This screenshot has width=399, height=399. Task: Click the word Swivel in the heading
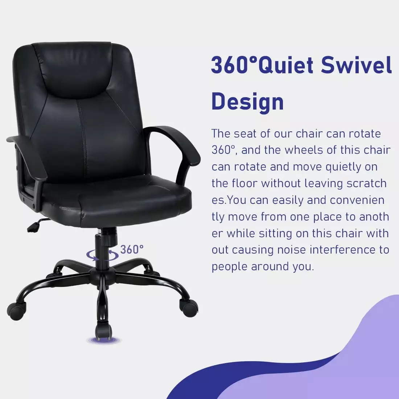(356, 65)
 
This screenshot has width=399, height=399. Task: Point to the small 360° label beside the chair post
(132, 250)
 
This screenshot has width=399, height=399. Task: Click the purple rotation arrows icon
(102, 255)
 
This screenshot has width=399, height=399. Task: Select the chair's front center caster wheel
(104, 332)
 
